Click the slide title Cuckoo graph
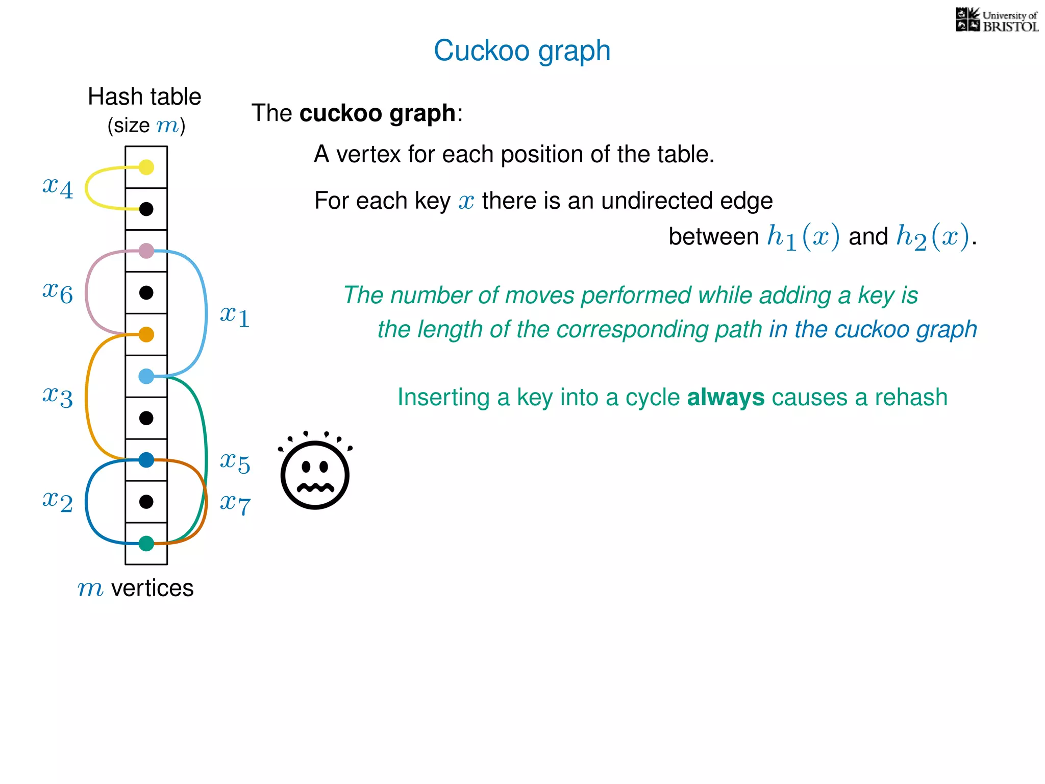click(x=522, y=51)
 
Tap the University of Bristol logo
click(x=997, y=20)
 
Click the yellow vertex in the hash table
click(x=146, y=167)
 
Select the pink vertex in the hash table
click(x=146, y=251)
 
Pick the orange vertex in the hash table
click(x=146, y=334)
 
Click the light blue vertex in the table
click(x=146, y=376)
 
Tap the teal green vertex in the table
click(x=146, y=544)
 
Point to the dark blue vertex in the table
click(x=146, y=460)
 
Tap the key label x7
click(x=235, y=504)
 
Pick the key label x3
click(x=58, y=396)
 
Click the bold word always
click(x=726, y=397)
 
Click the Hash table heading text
click(x=145, y=97)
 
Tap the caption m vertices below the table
click(x=136, y=588)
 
